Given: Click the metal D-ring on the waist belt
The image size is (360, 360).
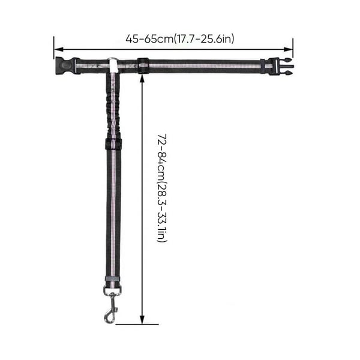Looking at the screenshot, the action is pyautogui.click(x=113, y=60).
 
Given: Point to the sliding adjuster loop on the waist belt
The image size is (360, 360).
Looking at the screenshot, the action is pyautogui.click(x=143, y=66).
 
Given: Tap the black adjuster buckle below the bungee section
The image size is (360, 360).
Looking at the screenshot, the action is pyautogui.click(x=113, y=144).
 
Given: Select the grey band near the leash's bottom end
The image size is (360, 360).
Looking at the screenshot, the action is pyautogui.click(x=113, y=279).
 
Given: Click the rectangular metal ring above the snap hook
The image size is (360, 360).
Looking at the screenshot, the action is pyautogui.click(x=112, y=290).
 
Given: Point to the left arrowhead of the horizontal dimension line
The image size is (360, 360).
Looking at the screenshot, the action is pyautogui.click(x=59, y=49).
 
